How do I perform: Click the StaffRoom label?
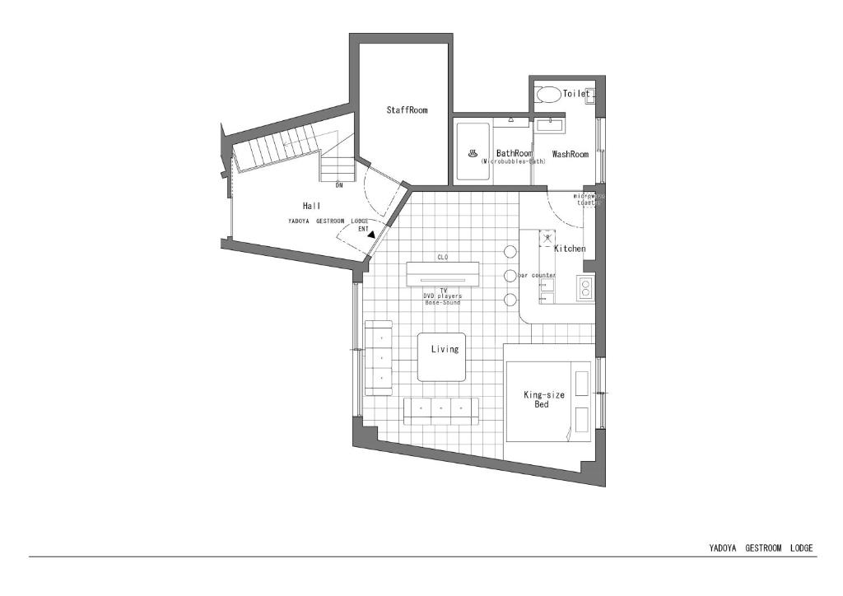[x=408, y=110]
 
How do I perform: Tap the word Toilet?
[x=576, y=94]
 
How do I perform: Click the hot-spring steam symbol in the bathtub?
[x=473, y=153]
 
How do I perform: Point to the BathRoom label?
[x=514, y=153]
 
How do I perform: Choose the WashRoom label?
[x=571, y=154]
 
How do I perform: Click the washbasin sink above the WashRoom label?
[x=549, y=125]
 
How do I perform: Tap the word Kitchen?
[x=570, y=249]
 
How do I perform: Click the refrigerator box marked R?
[x=548, y=239]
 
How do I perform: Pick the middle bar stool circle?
[x=510, y=275]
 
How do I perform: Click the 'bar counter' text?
[x=537, y=275]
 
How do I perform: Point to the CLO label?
[x=443, y=258]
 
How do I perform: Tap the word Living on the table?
[x=445, y=349]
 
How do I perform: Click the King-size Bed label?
[x=544, y=400]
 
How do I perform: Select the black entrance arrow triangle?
[x=371, y=235]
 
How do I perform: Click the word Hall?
[x=311, y=206]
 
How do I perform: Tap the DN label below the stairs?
[x=338, y=185]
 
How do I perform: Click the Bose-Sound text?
[x=443, y=303]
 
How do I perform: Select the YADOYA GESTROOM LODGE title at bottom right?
[x=761, y=547]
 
